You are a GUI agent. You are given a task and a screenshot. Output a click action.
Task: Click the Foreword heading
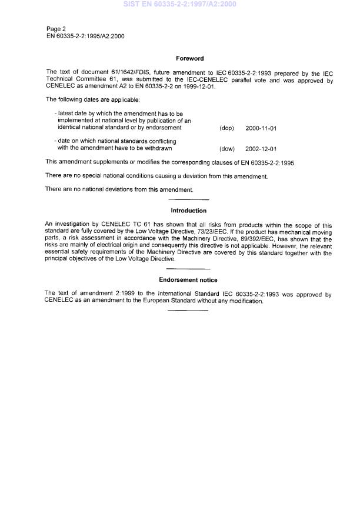coord(189,58)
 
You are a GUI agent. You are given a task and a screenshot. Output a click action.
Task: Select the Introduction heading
coord(188,211)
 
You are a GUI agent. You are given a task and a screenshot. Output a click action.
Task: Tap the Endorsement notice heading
coord(188,280)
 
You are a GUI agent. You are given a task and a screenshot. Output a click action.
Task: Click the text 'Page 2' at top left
coord(56,29)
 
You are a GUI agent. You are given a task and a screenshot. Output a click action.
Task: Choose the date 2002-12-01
coord(261,149)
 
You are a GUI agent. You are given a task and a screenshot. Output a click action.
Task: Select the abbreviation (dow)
coord(227,149)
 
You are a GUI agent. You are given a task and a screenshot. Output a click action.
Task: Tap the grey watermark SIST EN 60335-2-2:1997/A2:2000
coord(180,5)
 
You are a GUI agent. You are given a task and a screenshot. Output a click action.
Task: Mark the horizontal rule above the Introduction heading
coord(188,201)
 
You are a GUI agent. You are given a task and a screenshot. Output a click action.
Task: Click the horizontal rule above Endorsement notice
coord(188,269)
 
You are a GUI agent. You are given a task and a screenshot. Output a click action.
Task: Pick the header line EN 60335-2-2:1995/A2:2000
coord(85,36)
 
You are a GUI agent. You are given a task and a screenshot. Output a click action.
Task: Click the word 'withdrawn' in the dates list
coord(159,149)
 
